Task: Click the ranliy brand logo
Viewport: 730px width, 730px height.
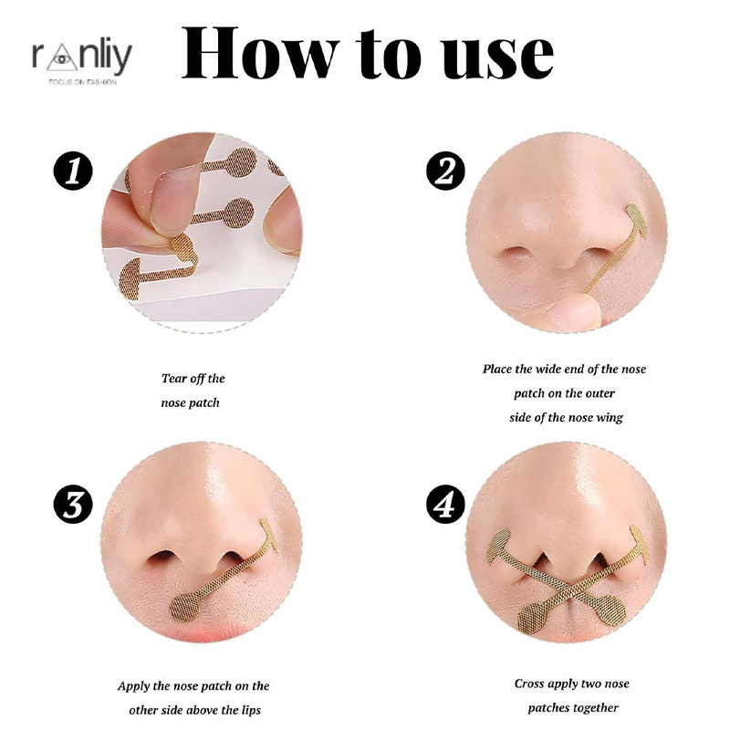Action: pyautogui.click(x=82, y=60)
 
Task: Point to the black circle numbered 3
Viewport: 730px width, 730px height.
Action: pyautogui.click(x=73, y=505)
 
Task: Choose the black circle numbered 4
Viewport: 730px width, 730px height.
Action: pyautogui.click(x=445, y=505)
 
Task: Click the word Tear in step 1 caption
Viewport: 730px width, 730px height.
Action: pyautogui.click(x=174, y=379)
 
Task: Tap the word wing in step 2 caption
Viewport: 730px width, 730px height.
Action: pyautogui.click(x=610, y=418)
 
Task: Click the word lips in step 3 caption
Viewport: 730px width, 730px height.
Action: pyautogui.click(x=251, y=711)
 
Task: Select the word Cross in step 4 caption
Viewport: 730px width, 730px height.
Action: pyautogui.click(x=530, y=683)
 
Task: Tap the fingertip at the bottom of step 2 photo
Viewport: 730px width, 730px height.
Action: pyautogui.click(x=569, y=313)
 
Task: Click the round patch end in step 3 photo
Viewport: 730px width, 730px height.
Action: pyautogui.click(x=185, y=607)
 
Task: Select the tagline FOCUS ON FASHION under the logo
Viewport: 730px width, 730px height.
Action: pyautogui.click(x=82, y=82)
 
